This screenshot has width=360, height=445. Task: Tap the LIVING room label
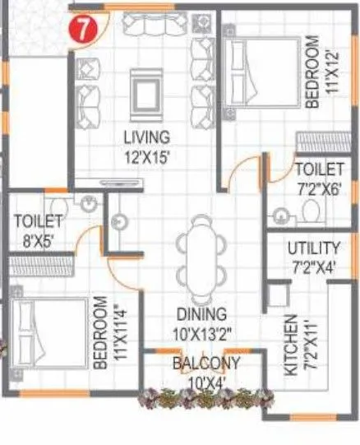click(x=146, y=137)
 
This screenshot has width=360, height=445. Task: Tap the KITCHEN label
click(x=292, y=345)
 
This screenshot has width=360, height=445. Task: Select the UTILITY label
click(x=314, y=248)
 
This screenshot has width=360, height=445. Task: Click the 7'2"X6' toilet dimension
click(x=317, y=187)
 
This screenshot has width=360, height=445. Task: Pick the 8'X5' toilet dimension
click(x=38, y=242)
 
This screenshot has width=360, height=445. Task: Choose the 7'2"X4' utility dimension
click(x=314, y=266)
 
